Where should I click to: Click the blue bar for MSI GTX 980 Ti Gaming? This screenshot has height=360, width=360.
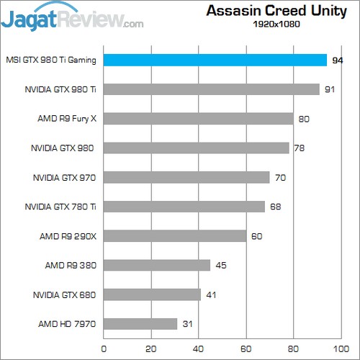[215, 60]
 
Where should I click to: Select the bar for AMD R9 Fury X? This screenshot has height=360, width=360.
[199, 119]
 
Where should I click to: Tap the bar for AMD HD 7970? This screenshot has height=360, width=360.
[140, 324]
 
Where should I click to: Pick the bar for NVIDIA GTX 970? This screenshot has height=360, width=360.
[186, 177]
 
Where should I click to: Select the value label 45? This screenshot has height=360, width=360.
[221, 266]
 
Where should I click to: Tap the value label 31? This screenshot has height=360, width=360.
[188, 325]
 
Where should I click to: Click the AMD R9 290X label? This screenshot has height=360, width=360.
[68, 236]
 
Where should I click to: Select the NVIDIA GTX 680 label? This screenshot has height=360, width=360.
[64, 294]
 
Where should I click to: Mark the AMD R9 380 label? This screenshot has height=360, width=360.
[71, 266]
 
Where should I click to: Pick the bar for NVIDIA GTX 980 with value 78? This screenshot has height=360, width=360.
[197, 148]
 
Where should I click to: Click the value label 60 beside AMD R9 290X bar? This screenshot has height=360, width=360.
[257, 236]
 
